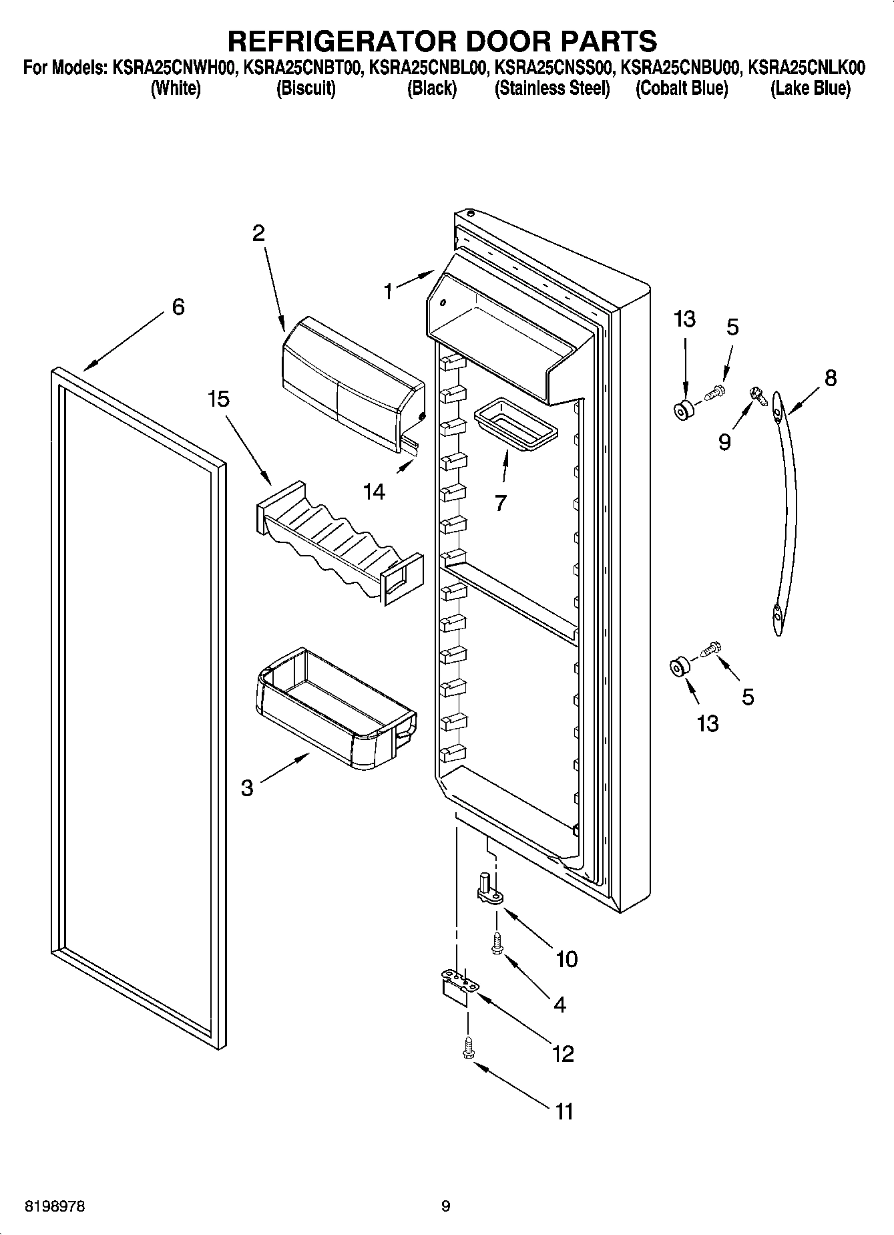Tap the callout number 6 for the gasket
pyautogui.click(x=178, y=308)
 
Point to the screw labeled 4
pyautogui.click(x=496, y=942)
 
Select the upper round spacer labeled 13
pyautogui.click(x=682, y=411)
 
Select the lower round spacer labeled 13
pyautogui.click(x=678, y=666)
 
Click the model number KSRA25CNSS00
pyautogui.click(x=552, y=67)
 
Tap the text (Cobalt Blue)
pyautogui.click(x=681, y=89)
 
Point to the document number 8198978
pyautogui.click(x=55, y=1206)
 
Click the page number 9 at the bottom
pyautogui.click(x=445, y=1206)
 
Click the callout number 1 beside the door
pyautogui.click(x=388, y=292)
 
